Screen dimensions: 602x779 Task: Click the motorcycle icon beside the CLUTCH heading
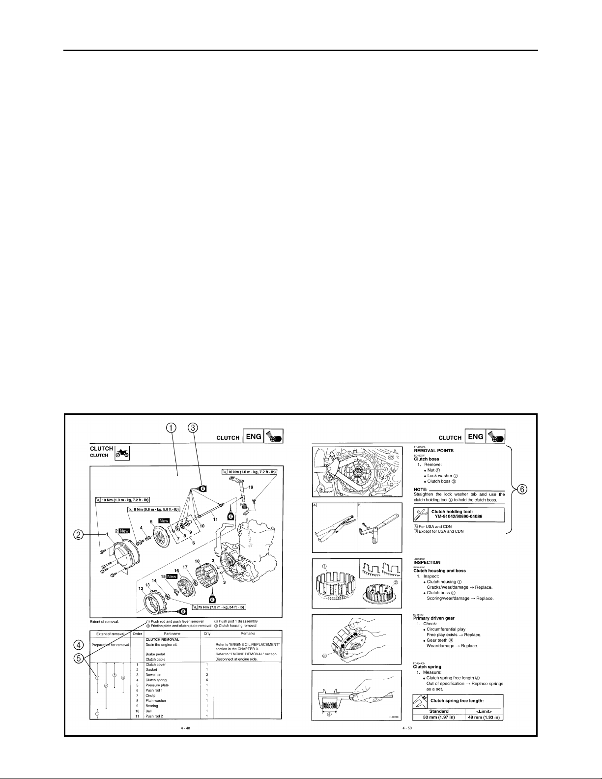[122, 452]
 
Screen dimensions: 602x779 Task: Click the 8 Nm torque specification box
[153, 509]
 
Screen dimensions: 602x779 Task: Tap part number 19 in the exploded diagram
[250, 488]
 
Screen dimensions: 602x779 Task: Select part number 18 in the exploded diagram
[197, 575]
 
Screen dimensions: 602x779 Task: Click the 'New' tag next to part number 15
[172, 590]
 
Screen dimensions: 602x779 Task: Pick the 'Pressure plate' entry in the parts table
[157, 685]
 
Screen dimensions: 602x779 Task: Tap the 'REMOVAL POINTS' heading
[433, 451]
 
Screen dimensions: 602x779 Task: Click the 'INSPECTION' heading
[427, 562]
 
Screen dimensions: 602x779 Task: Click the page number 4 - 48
[185, 728]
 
